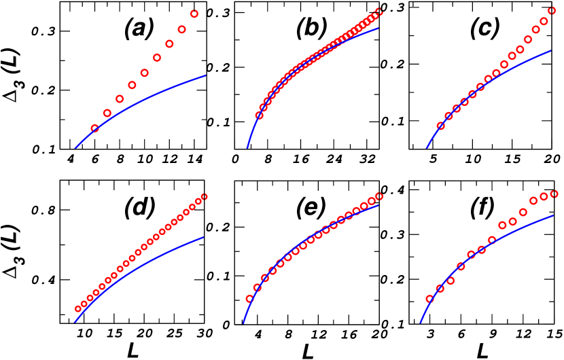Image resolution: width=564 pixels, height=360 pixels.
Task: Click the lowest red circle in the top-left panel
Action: (x=95, y=128)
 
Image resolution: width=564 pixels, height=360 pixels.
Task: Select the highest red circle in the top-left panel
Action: (x=194, y=14)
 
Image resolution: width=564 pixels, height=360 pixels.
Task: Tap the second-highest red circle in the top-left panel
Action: (x=181, y=29)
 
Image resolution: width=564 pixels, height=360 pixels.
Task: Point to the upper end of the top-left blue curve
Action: (x=206, y=75)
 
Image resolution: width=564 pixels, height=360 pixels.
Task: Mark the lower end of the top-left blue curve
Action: (x=75, y=147)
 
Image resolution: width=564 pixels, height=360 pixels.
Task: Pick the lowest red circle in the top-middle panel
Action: (x=259, y=115)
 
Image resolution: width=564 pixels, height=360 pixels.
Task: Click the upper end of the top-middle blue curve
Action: (x=378, y=28)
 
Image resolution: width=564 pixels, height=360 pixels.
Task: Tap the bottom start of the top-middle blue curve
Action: (x=247, y=148)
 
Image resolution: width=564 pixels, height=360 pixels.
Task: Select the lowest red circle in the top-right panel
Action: (x=440, y=126)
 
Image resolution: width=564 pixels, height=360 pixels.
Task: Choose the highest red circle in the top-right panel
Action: (x=552, y=10)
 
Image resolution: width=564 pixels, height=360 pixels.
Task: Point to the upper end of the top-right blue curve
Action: (x=551, y=50)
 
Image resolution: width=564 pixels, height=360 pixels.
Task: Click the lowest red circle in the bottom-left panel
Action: (x=78, y=308)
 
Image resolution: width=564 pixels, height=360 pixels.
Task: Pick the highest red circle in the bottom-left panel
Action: (x=204, y=197)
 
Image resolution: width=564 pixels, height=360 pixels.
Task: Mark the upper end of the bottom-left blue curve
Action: (x=204, y=237)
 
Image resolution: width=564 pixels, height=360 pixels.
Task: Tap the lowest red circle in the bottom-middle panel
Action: (x=249, y=299)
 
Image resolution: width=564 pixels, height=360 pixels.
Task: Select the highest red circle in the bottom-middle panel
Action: (x=379, y=196)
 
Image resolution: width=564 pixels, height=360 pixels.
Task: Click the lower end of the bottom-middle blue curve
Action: (x=243, y=323)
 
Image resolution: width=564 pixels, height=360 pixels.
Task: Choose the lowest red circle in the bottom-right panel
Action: (x=429, y=299)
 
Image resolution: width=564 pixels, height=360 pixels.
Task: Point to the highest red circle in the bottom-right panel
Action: (x=554, y=194)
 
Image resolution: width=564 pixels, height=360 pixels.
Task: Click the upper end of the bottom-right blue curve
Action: (x=554, y=215)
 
